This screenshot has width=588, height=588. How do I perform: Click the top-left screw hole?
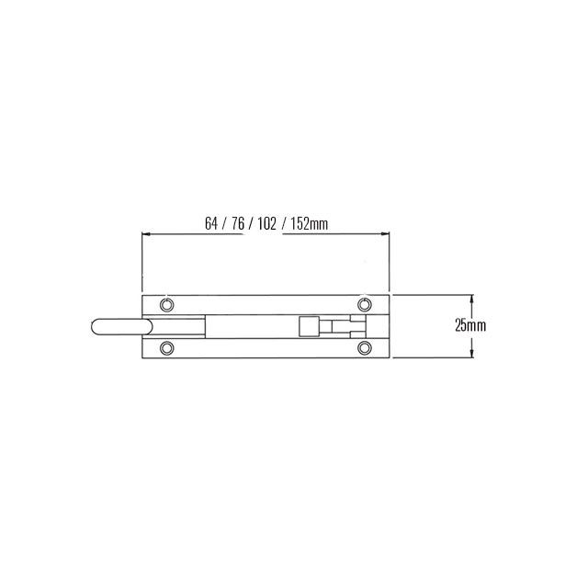click(167, 304)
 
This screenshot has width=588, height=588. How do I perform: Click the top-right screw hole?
click(364, 304)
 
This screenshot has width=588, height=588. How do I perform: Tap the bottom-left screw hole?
click(167, 347)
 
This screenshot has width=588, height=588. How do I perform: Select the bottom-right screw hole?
click(364, 347)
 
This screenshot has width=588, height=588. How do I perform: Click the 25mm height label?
click(470, 326)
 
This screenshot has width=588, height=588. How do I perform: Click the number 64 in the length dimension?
click(212, 223)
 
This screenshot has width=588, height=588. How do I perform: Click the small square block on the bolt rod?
click(309, 326)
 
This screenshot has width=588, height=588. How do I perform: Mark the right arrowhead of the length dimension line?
click(387, 234)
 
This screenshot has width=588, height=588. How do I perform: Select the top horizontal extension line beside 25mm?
click(432, 295)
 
